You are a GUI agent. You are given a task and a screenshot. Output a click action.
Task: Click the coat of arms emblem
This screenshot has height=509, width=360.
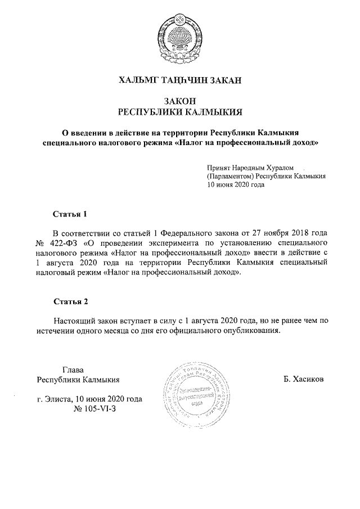[x=180, y=35]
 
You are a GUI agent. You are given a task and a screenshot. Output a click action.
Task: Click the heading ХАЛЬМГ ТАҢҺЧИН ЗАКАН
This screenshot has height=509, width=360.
[x=180, y=81]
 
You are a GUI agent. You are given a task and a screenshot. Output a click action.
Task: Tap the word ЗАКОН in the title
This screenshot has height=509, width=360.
[x=180, y=101]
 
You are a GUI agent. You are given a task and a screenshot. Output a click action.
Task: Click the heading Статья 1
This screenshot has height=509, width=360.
[x=70, y=214]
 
